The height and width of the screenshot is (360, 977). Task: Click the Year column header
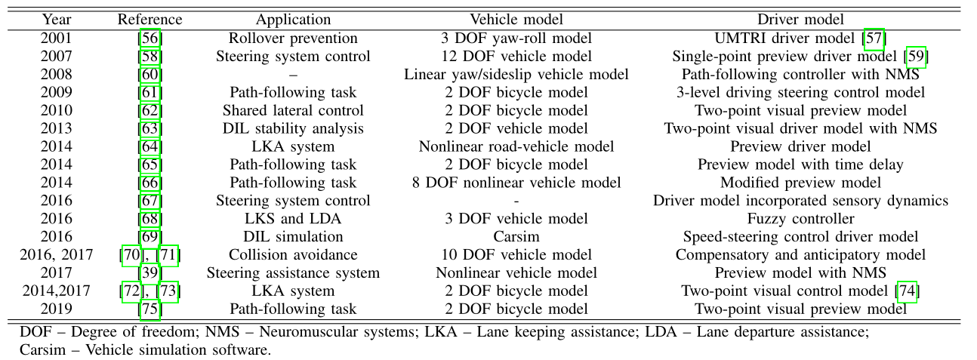coord(57,20)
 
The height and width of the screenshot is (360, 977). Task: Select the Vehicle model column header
coord(516,20)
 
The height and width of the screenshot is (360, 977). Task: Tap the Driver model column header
coord(800,20)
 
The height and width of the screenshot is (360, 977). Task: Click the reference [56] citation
coord(149,38)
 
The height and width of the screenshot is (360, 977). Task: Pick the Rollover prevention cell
coord(293,38)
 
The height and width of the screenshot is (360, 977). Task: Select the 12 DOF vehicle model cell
coord(516,56)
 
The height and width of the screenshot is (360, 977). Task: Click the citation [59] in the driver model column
coord(915,56)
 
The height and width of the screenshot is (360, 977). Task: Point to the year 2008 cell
coord(57,74)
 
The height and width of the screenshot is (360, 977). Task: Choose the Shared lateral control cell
coord(293,110)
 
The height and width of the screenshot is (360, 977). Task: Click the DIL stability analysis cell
coord(293,128)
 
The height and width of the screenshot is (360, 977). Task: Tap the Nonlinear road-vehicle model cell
coord(516,146)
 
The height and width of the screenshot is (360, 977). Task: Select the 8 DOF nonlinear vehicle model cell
coord(516,183)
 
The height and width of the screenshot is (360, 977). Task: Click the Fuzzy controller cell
coord(800,219)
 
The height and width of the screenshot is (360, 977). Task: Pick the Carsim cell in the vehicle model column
coord(516,237)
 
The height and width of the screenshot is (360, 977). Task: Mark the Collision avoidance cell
coord(293,255)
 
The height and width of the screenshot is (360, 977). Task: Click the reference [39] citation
coord(149,273)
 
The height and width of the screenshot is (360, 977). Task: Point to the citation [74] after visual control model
coord(906,291)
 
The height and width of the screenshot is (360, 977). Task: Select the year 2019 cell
coord(57,309)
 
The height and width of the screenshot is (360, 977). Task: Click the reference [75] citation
coord(149,309)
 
